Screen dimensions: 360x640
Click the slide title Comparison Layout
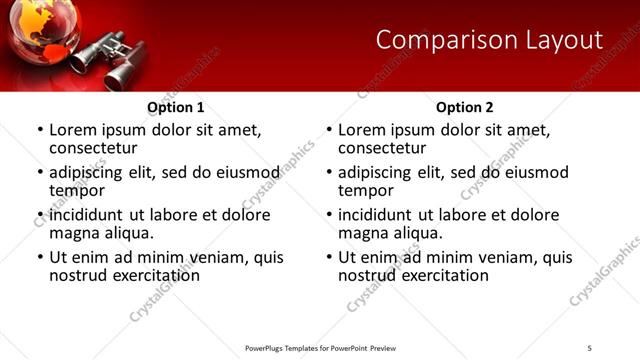489,40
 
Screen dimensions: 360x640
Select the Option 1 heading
176,107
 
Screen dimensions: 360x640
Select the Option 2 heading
464,107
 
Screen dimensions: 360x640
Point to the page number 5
590,347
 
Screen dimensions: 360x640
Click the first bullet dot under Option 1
40,131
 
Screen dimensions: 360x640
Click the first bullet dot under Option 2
329,131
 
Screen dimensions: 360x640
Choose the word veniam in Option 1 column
225,257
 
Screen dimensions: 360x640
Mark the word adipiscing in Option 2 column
378,172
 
